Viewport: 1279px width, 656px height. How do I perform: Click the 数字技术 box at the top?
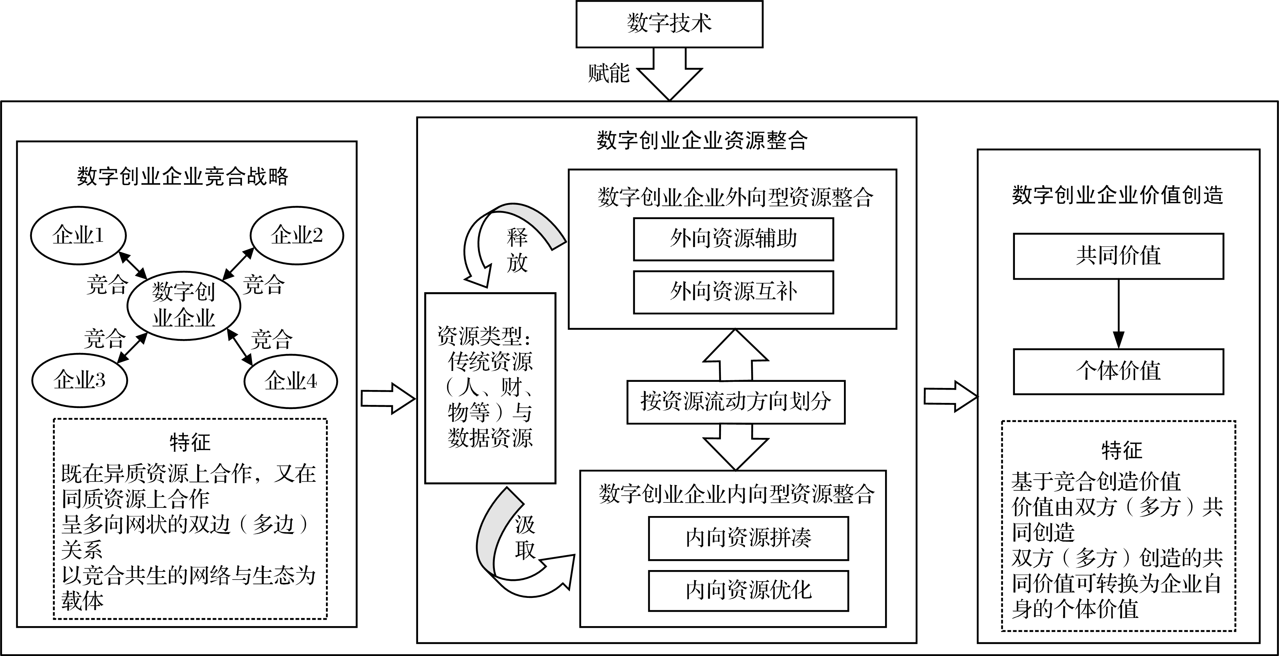669,24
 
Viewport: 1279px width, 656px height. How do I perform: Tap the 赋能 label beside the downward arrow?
609,73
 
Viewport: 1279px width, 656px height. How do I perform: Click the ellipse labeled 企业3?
80,380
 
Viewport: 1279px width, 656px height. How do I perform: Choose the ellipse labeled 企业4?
291,381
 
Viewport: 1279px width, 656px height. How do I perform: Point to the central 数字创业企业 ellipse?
184,305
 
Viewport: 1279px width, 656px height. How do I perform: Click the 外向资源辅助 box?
733,239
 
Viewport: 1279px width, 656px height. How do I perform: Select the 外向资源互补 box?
733,292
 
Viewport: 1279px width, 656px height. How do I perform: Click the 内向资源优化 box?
748,590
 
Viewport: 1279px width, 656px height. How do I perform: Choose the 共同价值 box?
1118,256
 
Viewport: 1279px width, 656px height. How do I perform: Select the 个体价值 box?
1118,371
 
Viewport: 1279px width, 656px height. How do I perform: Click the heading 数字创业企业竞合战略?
183,177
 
